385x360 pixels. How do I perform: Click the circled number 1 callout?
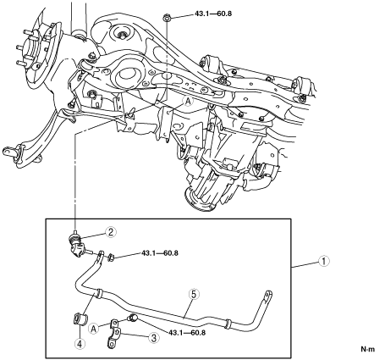pyautogui.click(x=324, y=261)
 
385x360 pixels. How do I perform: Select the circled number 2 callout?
pyautogui.click(x=111, y=232)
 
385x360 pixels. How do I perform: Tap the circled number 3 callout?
pyautogui.click(x=154, y=338)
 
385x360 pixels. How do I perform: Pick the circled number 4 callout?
pyautogui.click(x=80, y=344)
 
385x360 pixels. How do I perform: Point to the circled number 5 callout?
pyautogui.click(x=194, y=294)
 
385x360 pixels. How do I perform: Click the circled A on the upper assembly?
pyautogui.click(x=188, y=102)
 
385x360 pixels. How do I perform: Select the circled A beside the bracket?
pyautogui.click(x=93, y=329)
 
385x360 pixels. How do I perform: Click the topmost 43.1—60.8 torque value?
pyautogui.click(x=213, y=14)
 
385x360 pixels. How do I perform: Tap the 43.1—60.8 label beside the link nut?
pyautogui.click(x=160, y=253)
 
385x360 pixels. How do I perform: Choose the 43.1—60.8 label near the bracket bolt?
pyautogui.click(x=187, y=333)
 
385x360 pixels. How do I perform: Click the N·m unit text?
pyautogui.click(x=368, y=349)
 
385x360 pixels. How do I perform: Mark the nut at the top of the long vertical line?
pyautogui.click(x=167, y=19)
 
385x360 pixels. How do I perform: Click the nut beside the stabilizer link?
pyautogui.click(x=111, y=257)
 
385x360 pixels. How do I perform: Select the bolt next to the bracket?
pyautogui.click(x=132, y=318)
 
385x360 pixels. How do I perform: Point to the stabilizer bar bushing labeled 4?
pyautogui.click(x=80, y=318)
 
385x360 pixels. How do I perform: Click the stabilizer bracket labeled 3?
pyautogui.click(x=115, y=334)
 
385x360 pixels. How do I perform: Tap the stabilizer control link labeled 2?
pyautogui.click(x=77, y=245)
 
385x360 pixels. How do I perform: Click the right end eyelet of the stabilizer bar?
pyautogui.click(x=268, y=294)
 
